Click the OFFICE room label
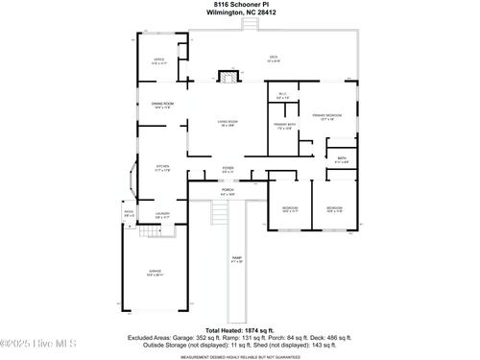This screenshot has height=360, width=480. coord(159,60)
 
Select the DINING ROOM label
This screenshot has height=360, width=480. coord(162,106)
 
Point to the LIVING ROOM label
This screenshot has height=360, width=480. coord(228,123)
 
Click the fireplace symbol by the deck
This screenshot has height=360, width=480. coord(228,75)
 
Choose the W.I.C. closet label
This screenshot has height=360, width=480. coord(281,96)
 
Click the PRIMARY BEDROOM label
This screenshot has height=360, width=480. coord(326,118)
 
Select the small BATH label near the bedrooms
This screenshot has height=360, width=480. coord(341,160)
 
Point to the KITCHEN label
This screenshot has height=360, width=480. coord(162,168)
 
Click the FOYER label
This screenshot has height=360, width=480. coord(228,170)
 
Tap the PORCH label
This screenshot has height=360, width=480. coord(228,192)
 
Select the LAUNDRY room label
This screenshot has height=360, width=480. coord(162,216)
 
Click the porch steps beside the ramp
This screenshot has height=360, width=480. coord(219,213)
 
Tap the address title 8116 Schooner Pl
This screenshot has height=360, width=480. coord(240,5)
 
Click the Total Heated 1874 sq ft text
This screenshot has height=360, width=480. coord(240,329)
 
